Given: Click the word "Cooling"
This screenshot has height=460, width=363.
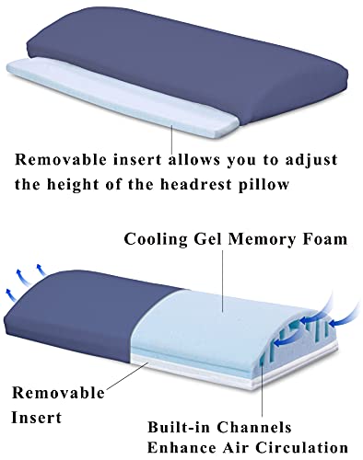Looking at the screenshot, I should tap(158, 241).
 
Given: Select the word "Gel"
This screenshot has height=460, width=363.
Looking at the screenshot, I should tap(209, 241).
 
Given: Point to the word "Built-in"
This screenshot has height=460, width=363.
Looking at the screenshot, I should tap(181, 427).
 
